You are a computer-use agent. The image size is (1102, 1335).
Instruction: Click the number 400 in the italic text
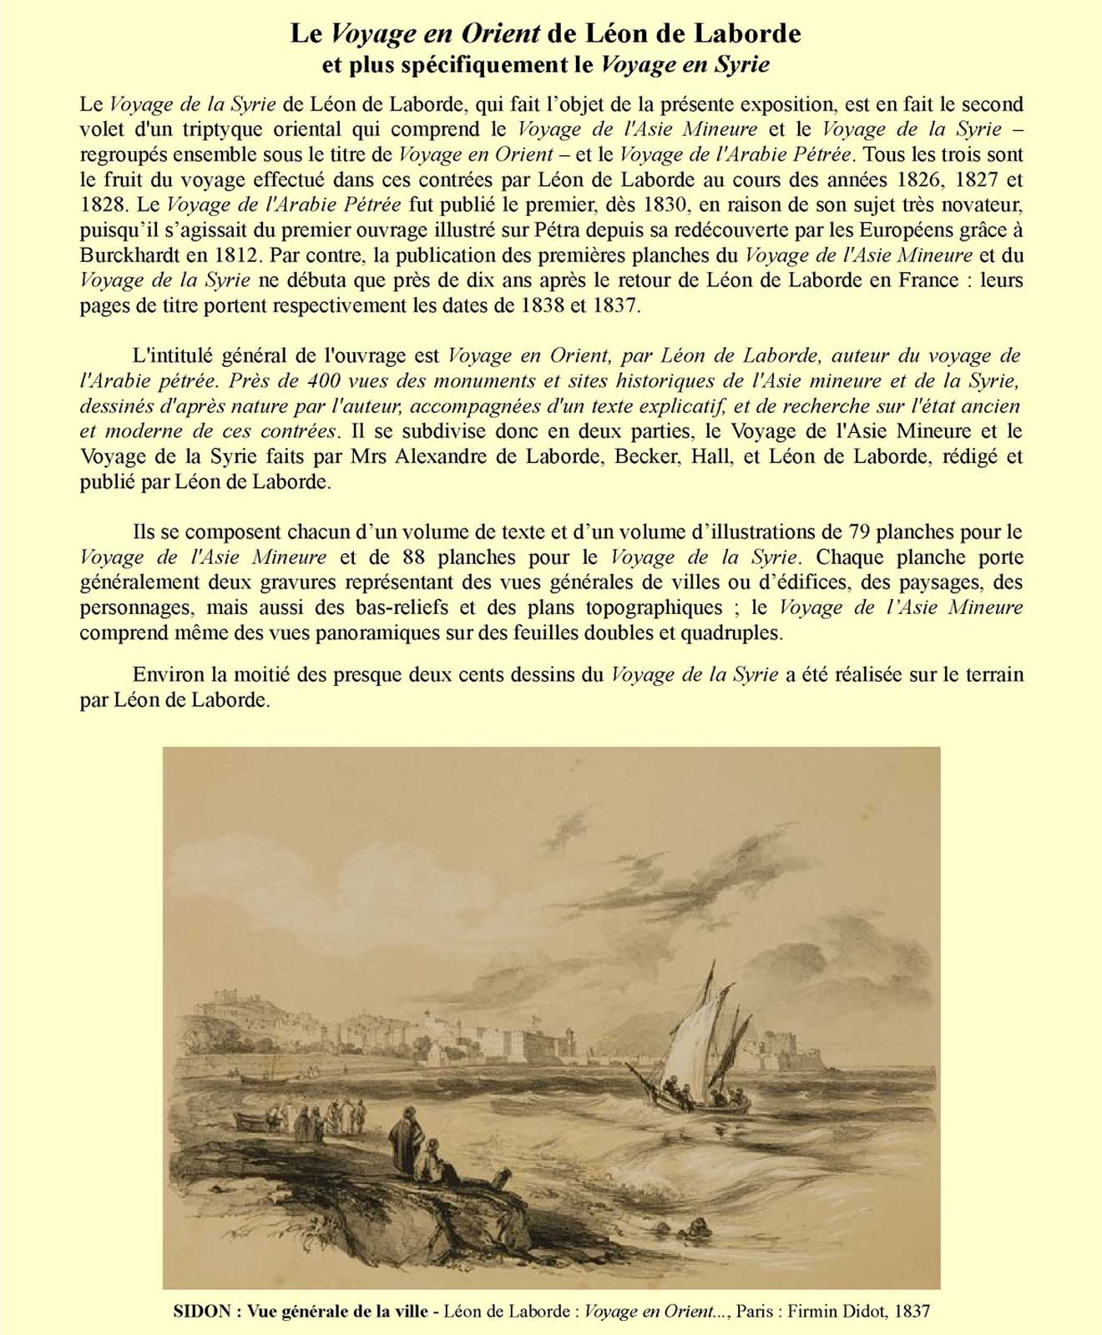(322, 380)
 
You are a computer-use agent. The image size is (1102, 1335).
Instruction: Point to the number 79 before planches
(859, 531)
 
